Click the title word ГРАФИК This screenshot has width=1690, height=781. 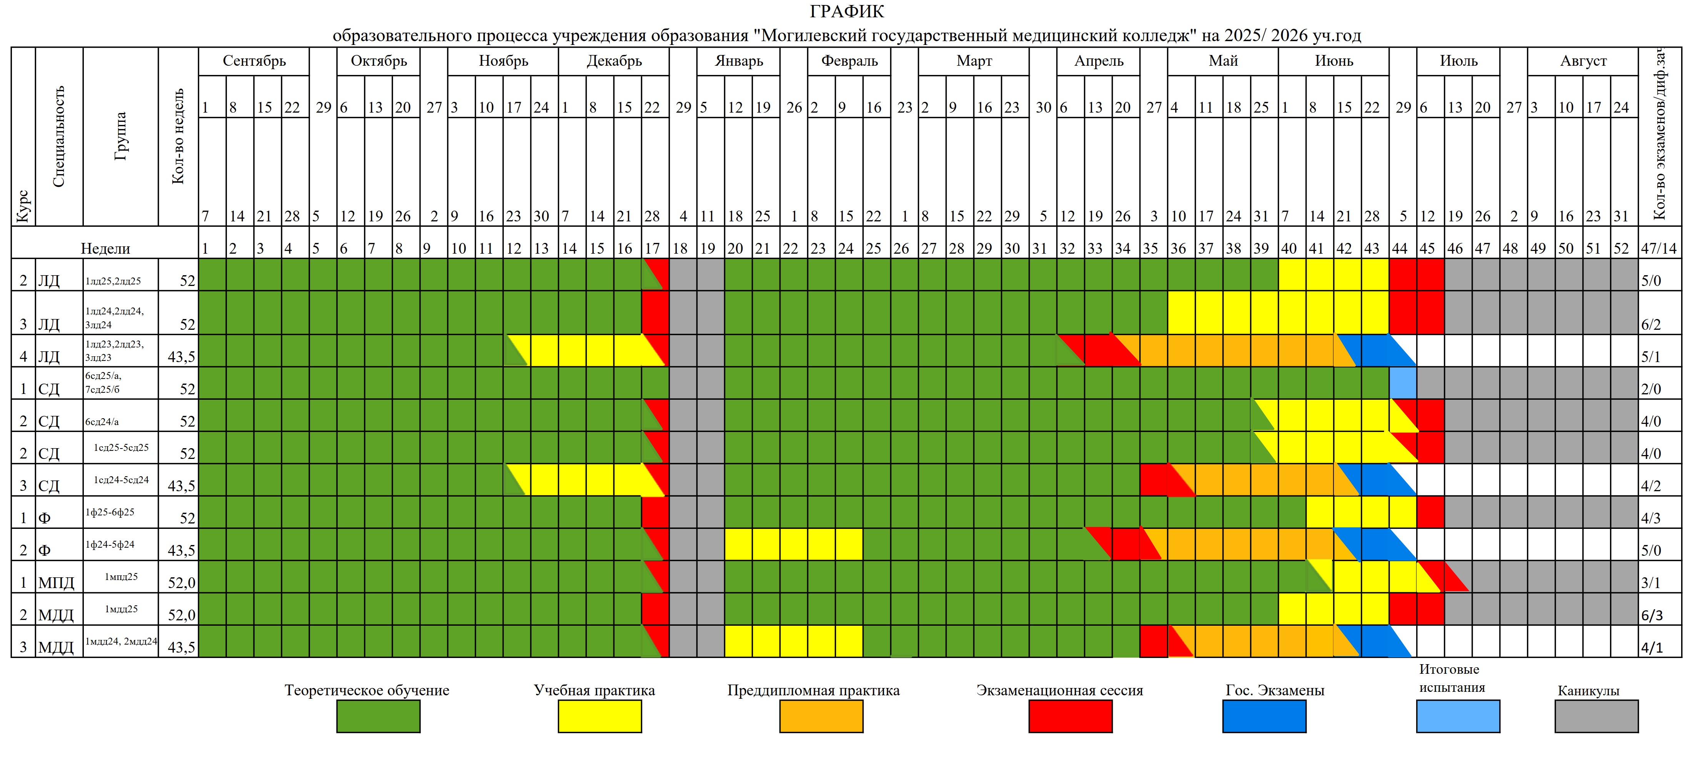pyautogui.click(x=846, y=12)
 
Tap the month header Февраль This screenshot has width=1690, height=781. pyautogui.click(x=849, y=61)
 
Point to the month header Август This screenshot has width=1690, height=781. pyautogui.click(x=1583, y=61)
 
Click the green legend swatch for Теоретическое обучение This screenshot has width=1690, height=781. pyautogui.click(x=378, y=716)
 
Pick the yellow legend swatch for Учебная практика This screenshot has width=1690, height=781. pyautogui.click(x=599, y=716)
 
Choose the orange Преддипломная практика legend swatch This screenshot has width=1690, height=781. pyautogui.click(x=821, y=716)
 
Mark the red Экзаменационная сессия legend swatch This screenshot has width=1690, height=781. pyautogui.click(x=1070, y=716)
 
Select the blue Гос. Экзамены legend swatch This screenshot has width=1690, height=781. pyautogui.click(x=1264, y=716)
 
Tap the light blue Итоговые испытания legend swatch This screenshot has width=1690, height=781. pyautogui.click(x=1458, y=716)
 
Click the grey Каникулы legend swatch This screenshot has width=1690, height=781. pyautogui.click(x=1596, y=716)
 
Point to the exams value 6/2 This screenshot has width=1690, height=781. pyautogui.click(x=1651, y=325)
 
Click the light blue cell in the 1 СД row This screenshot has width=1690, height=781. pyautogui.click(x=1403, y=383)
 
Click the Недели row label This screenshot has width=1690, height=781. pyautogui.click(x=105, y=249)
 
